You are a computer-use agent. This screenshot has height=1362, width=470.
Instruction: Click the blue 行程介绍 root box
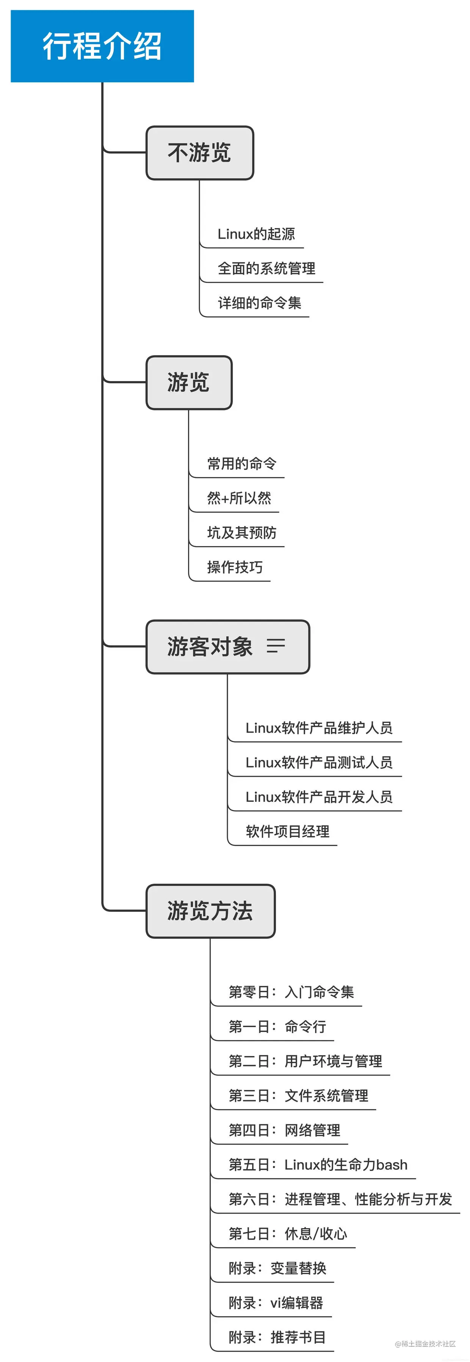pyautogui.click(x=102, y=46)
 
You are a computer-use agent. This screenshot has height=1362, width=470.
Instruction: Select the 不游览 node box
pyautogui.click(x=200, y=153)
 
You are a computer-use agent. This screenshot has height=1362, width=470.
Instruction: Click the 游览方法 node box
pyautogui.click(x=210, y=911)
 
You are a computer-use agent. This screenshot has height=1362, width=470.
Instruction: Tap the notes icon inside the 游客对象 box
pyautogui.click(x=276, y=646)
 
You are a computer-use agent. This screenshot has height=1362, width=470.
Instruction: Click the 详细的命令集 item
pyautogui.click(x=259, y=303)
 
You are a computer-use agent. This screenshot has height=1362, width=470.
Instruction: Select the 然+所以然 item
pyautogui.click(x=239, y=498)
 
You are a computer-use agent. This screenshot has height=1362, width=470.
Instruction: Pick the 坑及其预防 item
pyautogui.click(x=241, y=533)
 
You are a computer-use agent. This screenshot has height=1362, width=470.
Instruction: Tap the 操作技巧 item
pyautogui.click(x=235, y=567)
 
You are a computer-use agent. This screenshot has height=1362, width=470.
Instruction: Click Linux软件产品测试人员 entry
pyautogui.click(x=319, y=762)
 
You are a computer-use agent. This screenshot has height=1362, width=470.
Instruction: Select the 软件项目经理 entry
pyautogui.click(x=287, y=832)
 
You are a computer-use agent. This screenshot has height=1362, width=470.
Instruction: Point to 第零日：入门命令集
pyautogui.click(x=291, y=992)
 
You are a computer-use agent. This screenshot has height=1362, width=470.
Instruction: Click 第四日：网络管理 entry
pyautogui.click(x=284, y=1130)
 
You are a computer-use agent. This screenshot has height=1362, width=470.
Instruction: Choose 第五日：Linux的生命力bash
pyautogui.click(x=318, y=1165)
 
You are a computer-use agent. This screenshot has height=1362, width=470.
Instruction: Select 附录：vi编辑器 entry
pyautogui.click(x=276, y=1303)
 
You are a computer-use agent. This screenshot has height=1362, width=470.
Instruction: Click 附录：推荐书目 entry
pyautogui.click(x=277, y=1337)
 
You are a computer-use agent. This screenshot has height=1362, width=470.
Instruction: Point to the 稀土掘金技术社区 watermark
pyautogui.click(x=425, y=1343)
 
